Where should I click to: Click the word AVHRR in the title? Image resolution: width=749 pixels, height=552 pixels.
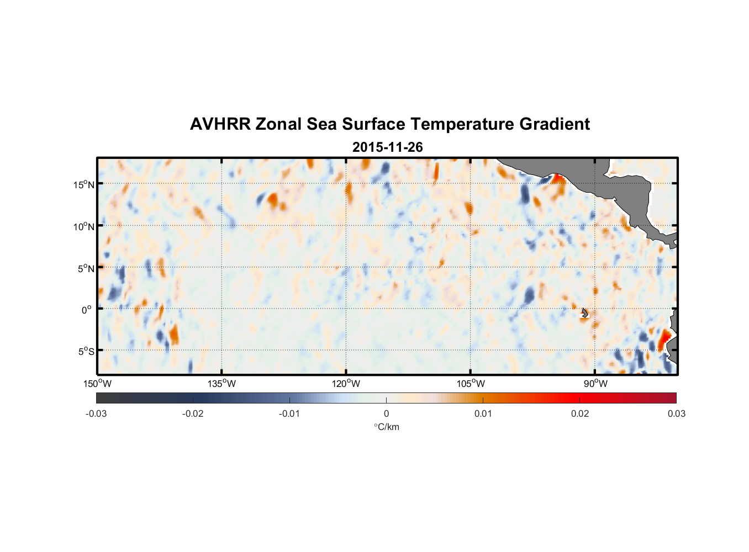(x=220, y=124)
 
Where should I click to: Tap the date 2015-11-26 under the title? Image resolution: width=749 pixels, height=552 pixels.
(x=387, y=147)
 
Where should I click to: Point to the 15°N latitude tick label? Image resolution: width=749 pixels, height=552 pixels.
(x=84, y=184)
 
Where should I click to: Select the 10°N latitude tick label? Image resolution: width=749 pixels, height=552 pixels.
(x=84, y=226)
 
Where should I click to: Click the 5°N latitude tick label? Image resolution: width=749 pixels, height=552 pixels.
(x=86, y=268)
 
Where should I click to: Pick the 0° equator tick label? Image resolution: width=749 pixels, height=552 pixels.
(x=86, y=310)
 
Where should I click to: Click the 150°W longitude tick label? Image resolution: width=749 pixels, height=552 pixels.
(x=97, y=384)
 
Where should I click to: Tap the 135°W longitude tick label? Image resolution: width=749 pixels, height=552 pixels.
(x=221, y=384)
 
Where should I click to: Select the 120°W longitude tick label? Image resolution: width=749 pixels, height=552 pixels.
(x=346, y=384)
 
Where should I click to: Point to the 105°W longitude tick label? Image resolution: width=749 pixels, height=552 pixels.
(x=471, y=384)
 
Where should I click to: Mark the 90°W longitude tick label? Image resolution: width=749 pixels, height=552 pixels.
(x=595, y=384)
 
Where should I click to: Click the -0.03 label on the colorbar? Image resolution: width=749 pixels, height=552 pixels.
(x=96, y=413)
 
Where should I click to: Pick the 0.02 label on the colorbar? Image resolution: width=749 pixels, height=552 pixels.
(x=580, y=413)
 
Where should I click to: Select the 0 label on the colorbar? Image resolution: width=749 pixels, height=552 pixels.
(x=386, y=413)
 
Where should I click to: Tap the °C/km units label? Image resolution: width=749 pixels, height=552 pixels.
(x=386, y=427)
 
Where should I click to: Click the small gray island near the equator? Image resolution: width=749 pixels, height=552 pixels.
(x=585, y=313)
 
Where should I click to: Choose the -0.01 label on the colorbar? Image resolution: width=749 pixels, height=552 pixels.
(x=289, y=413)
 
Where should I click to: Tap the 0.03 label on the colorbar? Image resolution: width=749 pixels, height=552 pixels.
(x=676, y=413)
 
